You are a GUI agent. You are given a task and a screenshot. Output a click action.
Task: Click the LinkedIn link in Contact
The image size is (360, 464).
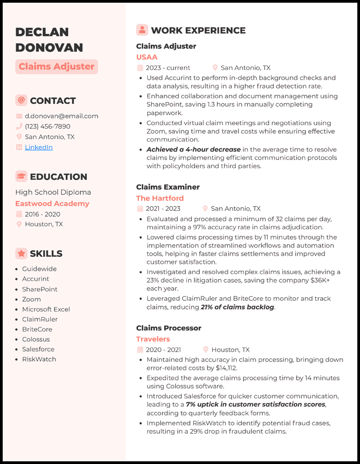coord(39,147)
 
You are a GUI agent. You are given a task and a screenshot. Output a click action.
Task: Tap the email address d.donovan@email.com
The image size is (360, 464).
coord(61,116)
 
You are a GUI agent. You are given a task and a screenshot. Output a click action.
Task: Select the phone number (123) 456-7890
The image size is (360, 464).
coord(47,126)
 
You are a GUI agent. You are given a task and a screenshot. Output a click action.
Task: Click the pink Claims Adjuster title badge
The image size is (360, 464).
coord(57,67)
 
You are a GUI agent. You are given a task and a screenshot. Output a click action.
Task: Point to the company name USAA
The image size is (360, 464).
coord(147,57)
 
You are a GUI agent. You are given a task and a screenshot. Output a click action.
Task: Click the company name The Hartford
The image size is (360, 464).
coord(160,198)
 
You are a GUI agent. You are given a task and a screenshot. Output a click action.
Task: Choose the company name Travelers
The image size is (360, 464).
coord(153,339)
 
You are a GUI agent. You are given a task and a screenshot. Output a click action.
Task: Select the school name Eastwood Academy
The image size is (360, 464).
coord(52,204)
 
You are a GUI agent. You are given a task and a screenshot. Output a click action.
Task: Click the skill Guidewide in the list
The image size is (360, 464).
coord(39,269)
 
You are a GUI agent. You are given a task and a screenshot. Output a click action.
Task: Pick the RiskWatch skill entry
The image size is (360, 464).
coord(39,359)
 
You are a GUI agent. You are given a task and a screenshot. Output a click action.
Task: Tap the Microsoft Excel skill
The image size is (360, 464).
coord(46,309)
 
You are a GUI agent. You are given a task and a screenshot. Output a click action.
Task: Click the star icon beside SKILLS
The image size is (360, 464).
coord(21,254)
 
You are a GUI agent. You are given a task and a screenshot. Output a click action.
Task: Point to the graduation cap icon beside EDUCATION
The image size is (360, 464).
coord(21,177)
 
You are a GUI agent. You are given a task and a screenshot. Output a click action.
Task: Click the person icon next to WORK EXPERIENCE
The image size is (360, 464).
coord(142,30)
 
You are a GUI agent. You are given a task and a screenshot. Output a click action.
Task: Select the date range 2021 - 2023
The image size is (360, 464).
coord(163,209)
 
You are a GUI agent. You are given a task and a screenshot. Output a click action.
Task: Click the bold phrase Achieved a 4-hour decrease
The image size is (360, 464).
coord(194,150)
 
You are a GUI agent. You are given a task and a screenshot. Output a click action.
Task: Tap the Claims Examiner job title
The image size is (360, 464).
coord(168,187)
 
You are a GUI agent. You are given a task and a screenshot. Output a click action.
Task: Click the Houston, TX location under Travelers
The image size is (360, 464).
coord(230,350)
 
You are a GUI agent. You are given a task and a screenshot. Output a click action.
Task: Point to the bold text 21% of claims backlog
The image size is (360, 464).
coord(238,307)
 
